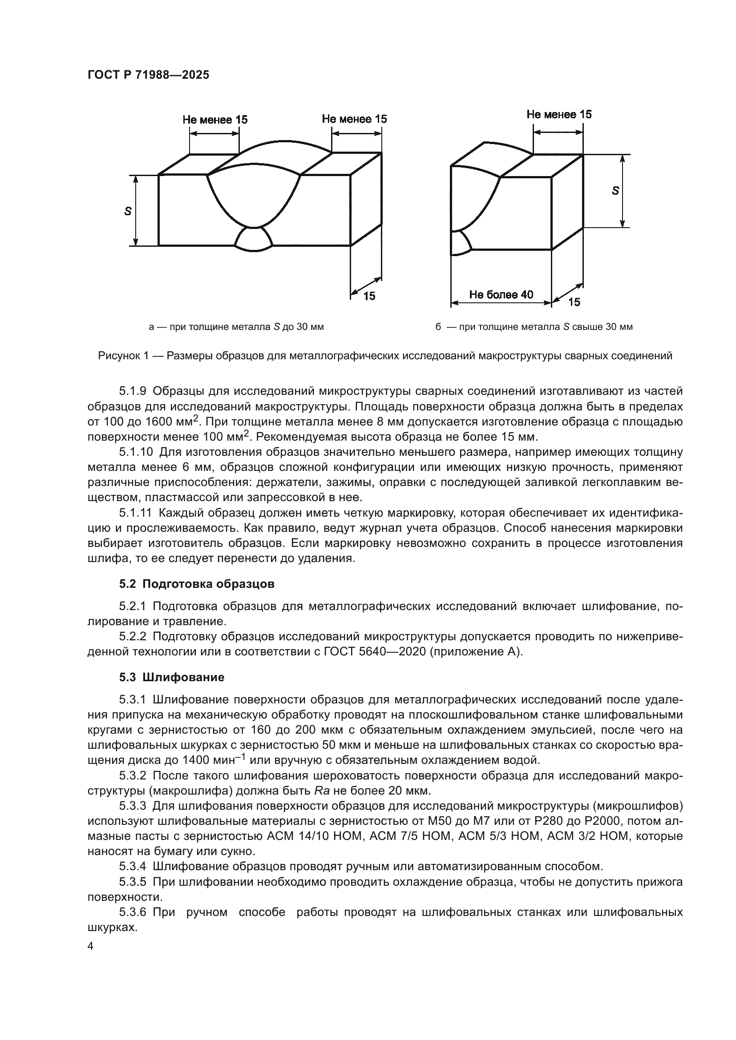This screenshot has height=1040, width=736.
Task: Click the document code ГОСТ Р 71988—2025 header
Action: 148,75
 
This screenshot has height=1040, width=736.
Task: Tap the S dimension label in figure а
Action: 128,211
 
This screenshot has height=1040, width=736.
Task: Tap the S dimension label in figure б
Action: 615,191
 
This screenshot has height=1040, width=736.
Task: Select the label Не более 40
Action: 501,295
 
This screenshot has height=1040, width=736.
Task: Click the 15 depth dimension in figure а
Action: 369,296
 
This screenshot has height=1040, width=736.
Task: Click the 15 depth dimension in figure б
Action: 574,302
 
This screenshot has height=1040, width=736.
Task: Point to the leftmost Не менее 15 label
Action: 215,120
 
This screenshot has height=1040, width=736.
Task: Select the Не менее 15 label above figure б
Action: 559,115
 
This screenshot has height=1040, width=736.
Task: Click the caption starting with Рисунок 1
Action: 385,356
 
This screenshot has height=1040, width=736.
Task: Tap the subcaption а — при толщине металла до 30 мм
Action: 236,327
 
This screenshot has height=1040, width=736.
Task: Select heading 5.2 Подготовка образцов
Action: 197,584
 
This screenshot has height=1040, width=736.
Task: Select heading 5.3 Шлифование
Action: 172,677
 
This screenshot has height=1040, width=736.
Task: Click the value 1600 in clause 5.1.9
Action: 160,422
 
